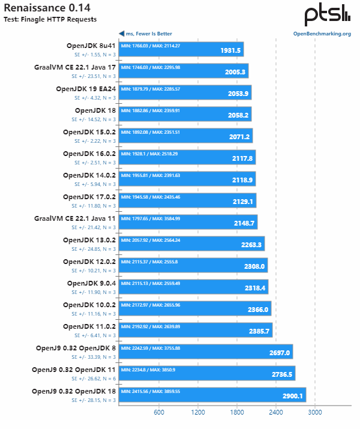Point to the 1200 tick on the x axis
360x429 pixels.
coord(198,412)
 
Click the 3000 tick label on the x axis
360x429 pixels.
coord(315,412)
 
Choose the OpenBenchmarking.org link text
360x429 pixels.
coord(322,34)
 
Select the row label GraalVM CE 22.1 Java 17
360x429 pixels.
coord(75,67)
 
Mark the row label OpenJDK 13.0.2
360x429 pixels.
coord(89,240)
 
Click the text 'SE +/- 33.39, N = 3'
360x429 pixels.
coord(94,358)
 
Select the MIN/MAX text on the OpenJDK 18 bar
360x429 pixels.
coord(150,110)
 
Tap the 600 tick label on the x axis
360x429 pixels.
coord(159,412)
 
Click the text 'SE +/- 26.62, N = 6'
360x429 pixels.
coord(94,379)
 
